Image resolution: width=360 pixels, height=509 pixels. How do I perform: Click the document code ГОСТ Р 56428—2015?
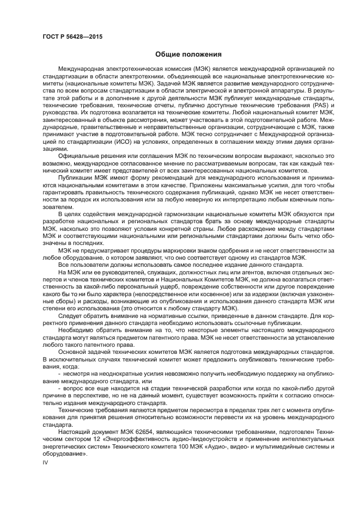[x=72, y=36]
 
